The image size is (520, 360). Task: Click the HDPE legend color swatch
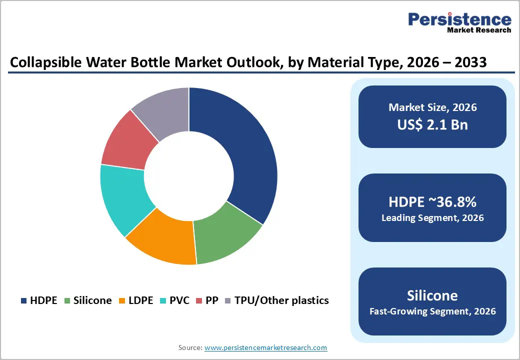tap(23, 300)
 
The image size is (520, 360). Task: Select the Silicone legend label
tap(92, 300)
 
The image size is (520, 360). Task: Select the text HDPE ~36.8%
tap(432, 202)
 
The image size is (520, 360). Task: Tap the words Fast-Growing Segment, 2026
tap(432, 311)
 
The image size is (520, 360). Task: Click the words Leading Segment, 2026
tap(432, 218)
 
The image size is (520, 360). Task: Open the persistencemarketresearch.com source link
tap(265, 347)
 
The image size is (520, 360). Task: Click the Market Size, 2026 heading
tap(432, 107)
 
